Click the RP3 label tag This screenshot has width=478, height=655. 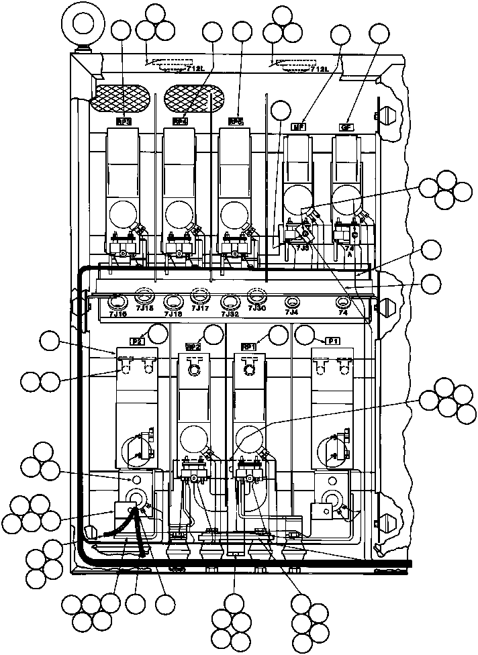click(123, 121)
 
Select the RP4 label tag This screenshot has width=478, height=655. click(179, 121)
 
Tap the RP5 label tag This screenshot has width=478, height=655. click(236, 121)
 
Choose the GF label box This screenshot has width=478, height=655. click(346, 126)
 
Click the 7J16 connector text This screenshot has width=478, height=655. click(117, 313)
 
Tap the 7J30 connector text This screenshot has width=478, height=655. click(256, 308)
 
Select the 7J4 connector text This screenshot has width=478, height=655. click(291, 312)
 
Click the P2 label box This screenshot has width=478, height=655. click(138, 341)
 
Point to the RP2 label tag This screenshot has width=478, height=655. click(193, 347)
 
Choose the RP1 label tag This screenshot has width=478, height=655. click(248, 347)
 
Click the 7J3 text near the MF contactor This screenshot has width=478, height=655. click(302, 247)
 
